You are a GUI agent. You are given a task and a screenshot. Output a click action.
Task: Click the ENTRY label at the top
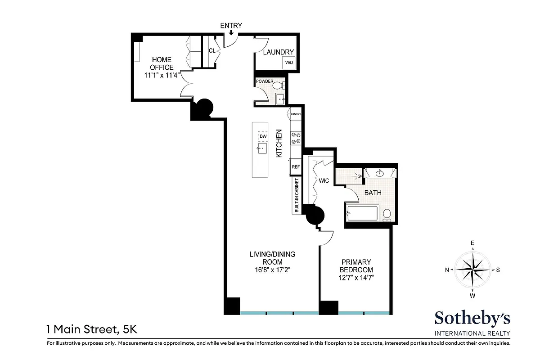click(x=231, y=26)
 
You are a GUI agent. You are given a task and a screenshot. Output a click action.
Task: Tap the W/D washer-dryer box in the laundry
click(x=288, y=63)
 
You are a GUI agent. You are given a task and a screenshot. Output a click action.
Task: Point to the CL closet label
click(x=211, y=51)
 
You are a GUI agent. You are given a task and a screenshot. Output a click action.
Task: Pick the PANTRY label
click(x=296, y=114)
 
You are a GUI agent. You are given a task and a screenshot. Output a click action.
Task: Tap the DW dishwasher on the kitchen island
click(x=263, y=136)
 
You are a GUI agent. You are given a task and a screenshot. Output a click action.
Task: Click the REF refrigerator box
click(x=296, y=166)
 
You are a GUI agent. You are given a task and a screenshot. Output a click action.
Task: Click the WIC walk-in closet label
click(x=324, y=180)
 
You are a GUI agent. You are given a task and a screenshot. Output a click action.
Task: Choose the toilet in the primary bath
click(x=387, y=215)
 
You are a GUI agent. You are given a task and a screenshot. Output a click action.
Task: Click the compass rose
click(x=472, y=270)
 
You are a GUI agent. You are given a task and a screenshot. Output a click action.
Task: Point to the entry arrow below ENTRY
click(x=231, y=33)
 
